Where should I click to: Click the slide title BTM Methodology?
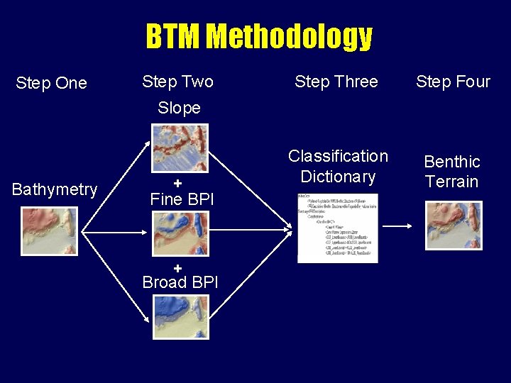(259, 36)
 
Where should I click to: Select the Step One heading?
(51, 83)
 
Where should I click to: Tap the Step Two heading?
(177, 82)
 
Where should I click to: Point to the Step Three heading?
(336, 82)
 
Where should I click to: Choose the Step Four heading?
(453, 82)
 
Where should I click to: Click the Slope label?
(179, 108)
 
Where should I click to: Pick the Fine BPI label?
(182, 199)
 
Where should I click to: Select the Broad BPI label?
(180, 282)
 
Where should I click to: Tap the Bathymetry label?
(55, 189)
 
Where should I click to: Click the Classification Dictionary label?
(338, 166)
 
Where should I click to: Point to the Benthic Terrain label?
(452, 172)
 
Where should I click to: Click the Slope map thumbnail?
(180, 148)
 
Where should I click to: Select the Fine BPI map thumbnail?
(181, 233)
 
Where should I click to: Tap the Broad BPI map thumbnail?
(181, 317)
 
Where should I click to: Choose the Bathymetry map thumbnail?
(49, 231)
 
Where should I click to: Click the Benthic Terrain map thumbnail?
(453, 226)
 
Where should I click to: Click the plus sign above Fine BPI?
(178, 184)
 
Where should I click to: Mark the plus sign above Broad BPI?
(178, 267)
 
